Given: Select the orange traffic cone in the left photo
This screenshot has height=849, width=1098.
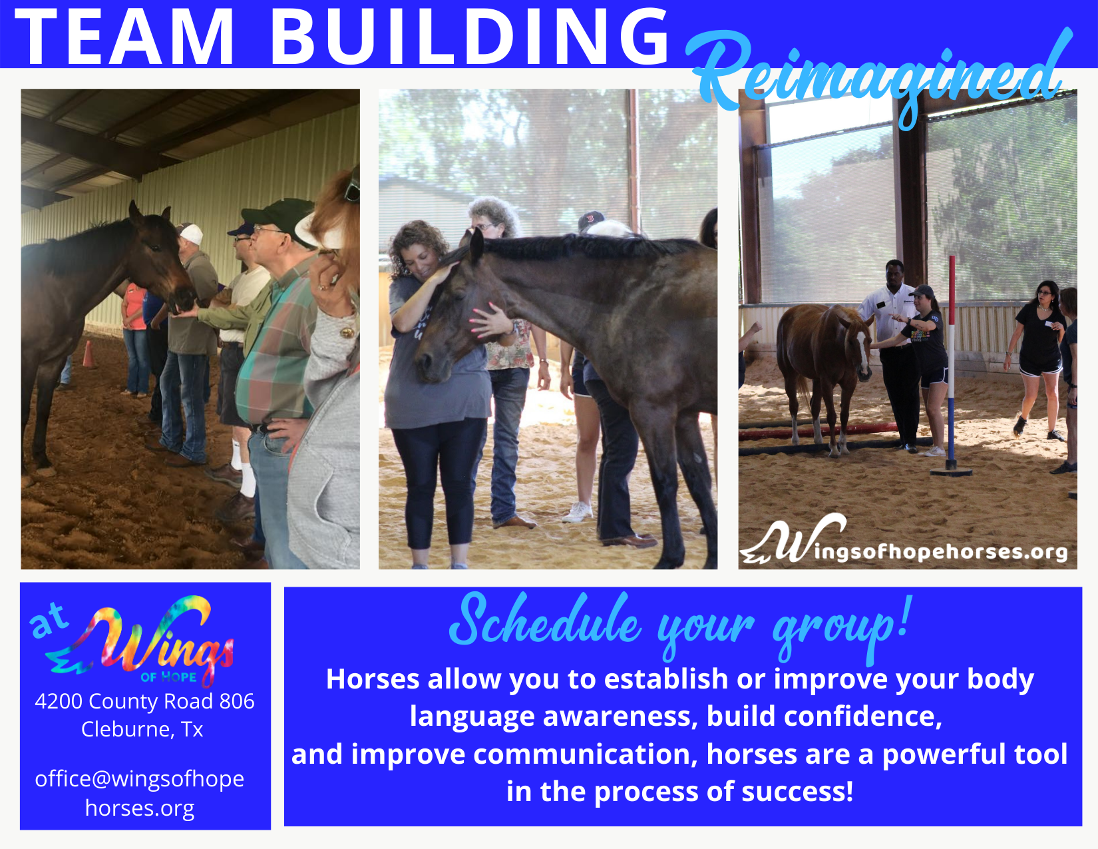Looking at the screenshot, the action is (89, 354).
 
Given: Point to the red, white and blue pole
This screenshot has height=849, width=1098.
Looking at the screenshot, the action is (951, 365).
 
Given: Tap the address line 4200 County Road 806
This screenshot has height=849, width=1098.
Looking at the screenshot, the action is (144, 701).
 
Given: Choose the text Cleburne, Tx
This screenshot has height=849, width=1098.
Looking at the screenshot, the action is (142, 729).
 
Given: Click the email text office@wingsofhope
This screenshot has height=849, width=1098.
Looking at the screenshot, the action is (140, 779).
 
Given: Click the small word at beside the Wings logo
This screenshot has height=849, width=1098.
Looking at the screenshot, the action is (49, 620).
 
